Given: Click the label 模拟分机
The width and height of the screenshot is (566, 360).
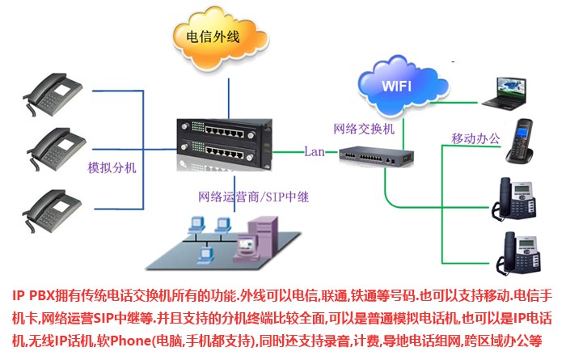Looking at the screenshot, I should pos(112,169).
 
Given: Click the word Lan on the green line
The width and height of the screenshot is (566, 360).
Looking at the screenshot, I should pos(315,151).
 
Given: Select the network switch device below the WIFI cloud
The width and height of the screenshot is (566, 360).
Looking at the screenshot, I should pos(376,154).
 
